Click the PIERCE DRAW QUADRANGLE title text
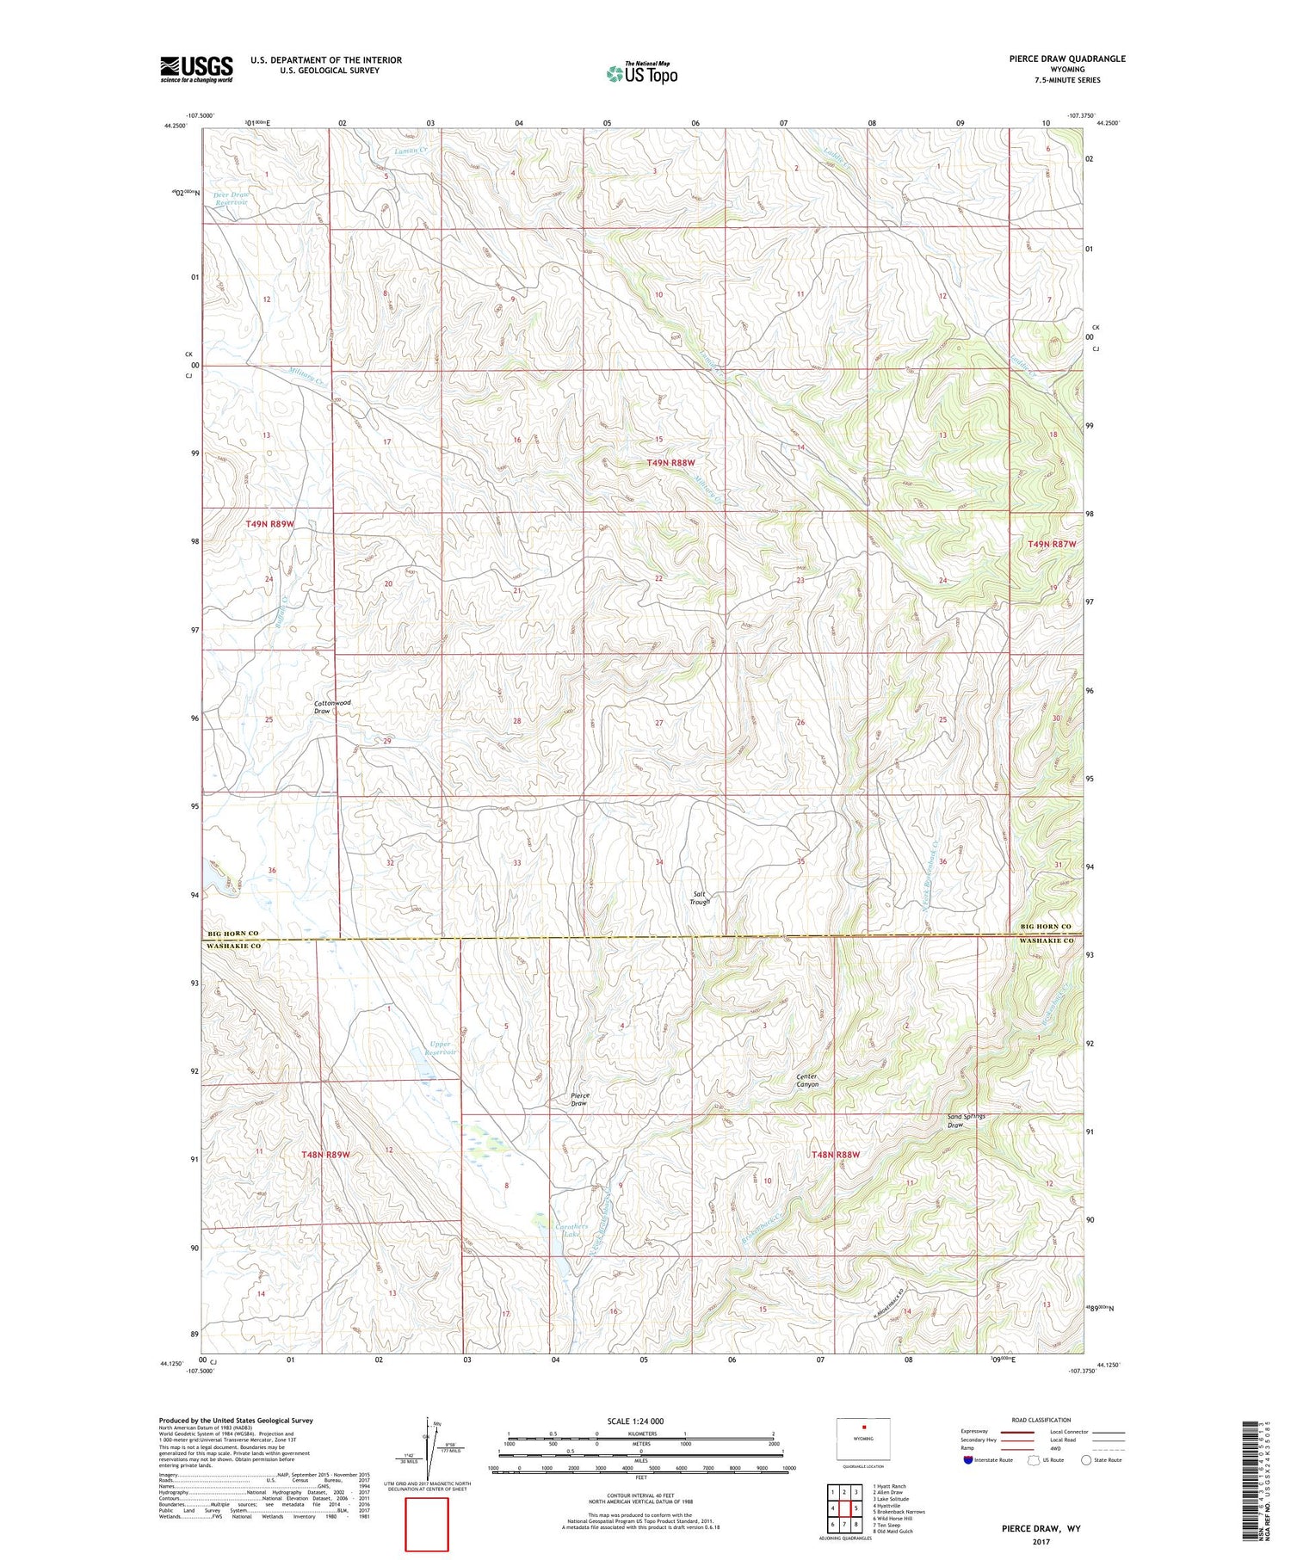[x=1055, y=59]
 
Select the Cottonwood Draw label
[x=332, y=707]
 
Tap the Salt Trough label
[x=701, y=897]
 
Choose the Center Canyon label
[x=806, y=1081]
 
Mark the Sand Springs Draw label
[x=966, y=1120]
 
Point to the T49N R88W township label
[x=670, y=463]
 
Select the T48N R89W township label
[x=326, y=1154]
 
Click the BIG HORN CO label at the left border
[x=233, y=934]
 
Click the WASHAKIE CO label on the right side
[x=1047, y=941]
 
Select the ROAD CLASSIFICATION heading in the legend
[x=1041, y=1420]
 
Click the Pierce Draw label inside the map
[x=579, y=1100]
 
